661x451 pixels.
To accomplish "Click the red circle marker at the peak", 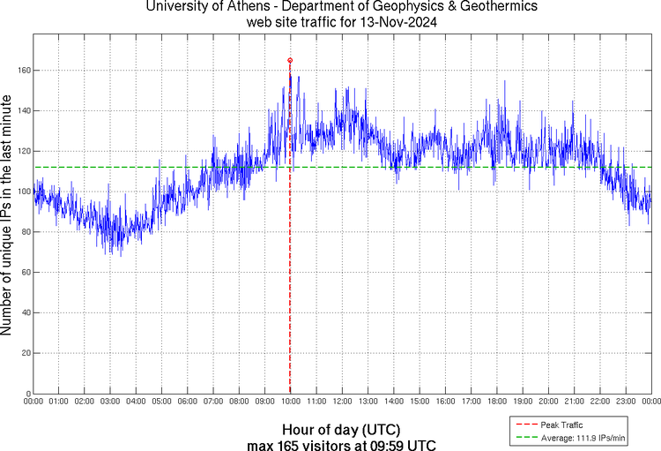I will [290, 60].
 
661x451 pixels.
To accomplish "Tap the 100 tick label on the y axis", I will [24, 192].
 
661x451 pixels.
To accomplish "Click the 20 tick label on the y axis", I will [26, 353].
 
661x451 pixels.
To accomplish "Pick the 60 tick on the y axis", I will [26, 273].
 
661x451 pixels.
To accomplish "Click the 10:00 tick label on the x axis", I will [291, 402].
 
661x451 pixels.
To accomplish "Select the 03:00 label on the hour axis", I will [110, 402].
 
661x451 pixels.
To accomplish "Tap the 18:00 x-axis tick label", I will [496, 402].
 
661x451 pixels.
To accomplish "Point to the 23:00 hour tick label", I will [625, 402].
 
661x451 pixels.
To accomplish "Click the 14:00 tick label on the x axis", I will [393, 402].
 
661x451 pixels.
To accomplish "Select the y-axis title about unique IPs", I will [8, 217].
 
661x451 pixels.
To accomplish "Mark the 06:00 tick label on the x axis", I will [188, 402].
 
